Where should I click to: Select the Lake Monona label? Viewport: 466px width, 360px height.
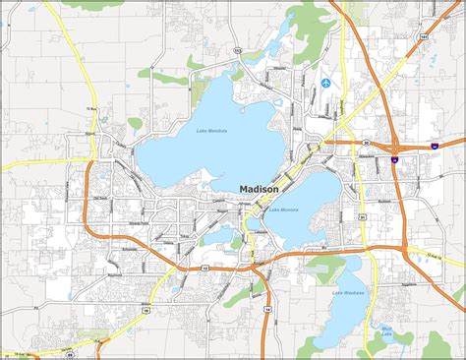(x=283, y=210)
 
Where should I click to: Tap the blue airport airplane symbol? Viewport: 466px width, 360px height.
(x=326, y=82)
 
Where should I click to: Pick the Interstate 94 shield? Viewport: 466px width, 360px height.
(x=433, y=146)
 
